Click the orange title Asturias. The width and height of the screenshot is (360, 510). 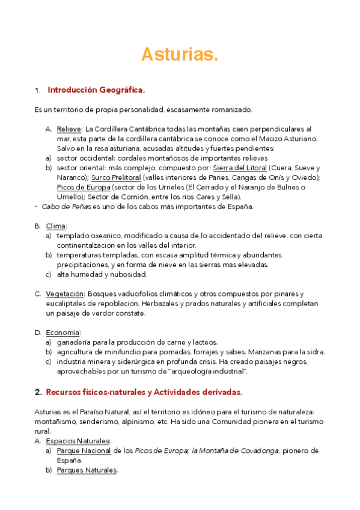point(179,55)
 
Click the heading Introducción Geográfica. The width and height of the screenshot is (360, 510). point(96,90)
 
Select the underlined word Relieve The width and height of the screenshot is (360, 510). point(70,129)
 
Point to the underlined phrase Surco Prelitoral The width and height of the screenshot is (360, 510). point(117,177)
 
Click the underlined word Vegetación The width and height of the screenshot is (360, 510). point(65,293)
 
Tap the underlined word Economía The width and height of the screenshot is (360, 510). point(63,333)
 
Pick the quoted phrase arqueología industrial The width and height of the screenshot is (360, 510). point(208,371)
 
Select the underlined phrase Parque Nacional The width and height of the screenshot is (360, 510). point(84,450)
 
